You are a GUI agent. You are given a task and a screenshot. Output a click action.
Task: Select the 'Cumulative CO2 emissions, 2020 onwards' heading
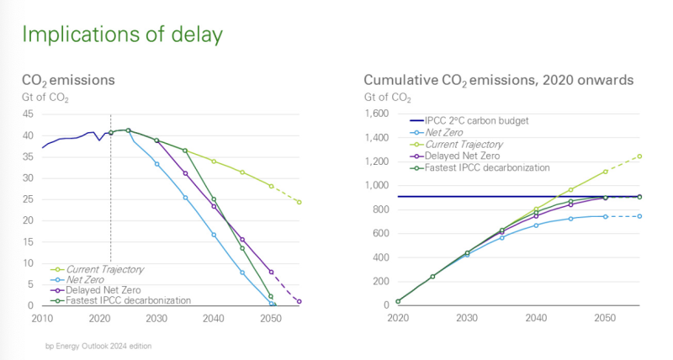[x=498, y=81]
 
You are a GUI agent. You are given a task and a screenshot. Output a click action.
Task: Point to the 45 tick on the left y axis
[x=27, y=114]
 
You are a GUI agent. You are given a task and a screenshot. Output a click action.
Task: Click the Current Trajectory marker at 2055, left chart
[x=299, y=202]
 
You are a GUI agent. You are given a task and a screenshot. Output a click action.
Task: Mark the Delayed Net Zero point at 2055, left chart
[x=299, y=301]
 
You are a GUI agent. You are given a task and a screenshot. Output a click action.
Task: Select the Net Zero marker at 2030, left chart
[x=156, y=163]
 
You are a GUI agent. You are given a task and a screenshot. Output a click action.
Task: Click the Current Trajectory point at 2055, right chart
[x=639, y=156]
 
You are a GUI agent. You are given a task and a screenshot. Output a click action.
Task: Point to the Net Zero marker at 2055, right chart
[x=639, y=216]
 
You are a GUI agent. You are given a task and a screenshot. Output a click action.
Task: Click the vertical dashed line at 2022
[x=111, y=210]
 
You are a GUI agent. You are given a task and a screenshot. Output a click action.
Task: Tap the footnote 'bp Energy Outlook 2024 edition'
[x=99, y=345]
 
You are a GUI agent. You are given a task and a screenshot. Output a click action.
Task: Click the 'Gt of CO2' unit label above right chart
[x=387, y=98]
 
